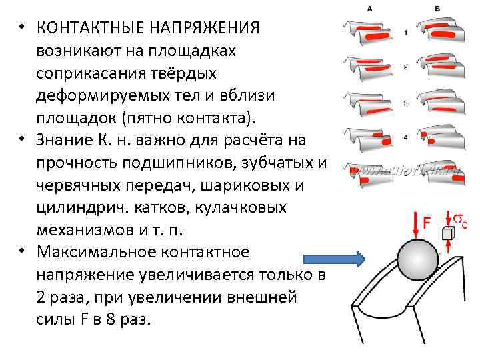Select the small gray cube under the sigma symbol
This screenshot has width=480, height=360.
[x=449, y=233]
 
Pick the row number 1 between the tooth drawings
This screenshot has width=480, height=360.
[x=405, y=32]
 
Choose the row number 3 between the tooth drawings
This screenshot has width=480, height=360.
[x=405, y=103]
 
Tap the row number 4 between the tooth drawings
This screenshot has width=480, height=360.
[x=405, y=137]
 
